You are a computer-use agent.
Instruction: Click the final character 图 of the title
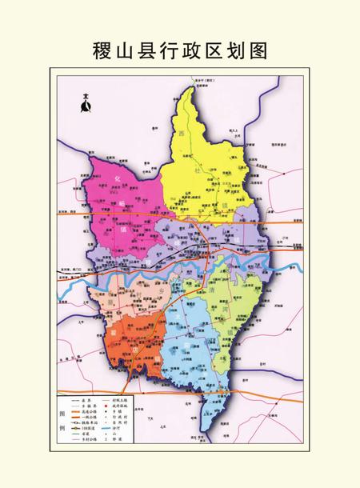(x=257, y=50)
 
